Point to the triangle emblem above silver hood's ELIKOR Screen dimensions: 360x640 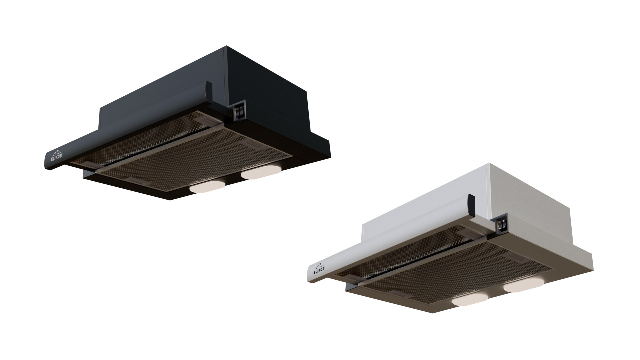click(319, 265)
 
